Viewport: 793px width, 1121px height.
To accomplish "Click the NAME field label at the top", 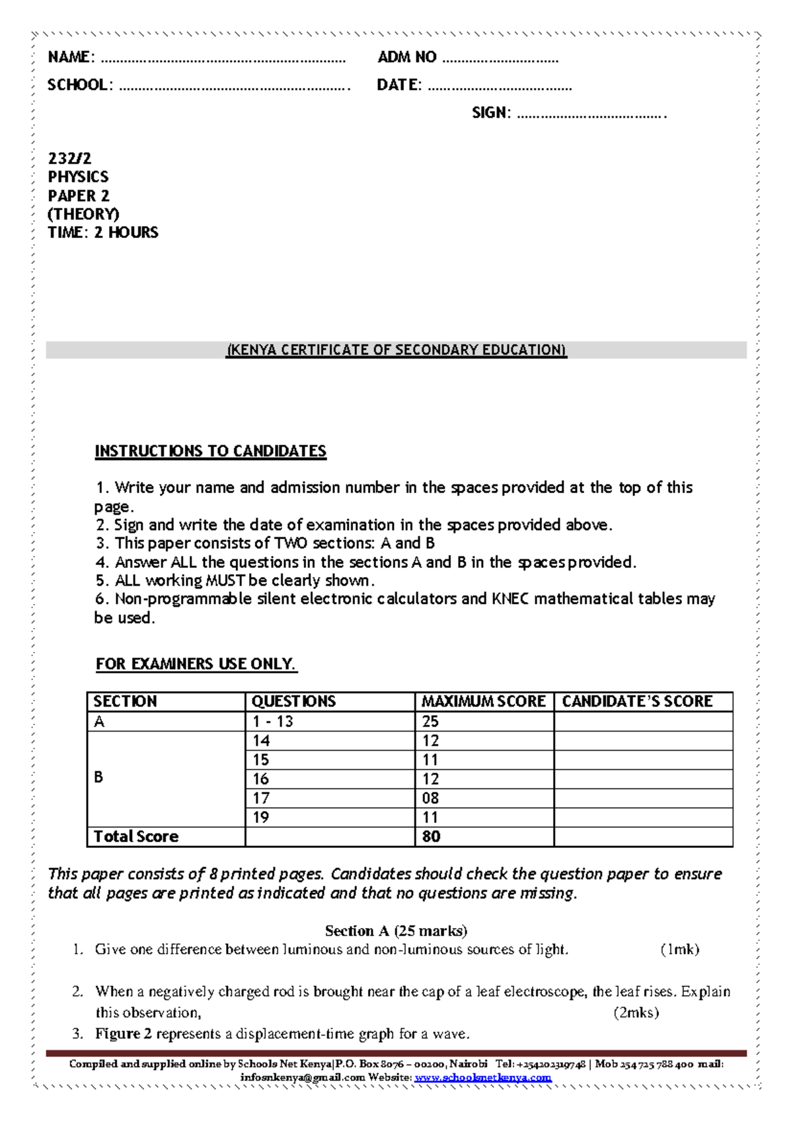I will click(x=71, y=58).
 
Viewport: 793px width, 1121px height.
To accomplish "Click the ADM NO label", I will click(x=406, y=58).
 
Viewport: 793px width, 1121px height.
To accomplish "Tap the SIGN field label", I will click(x=491, y=113).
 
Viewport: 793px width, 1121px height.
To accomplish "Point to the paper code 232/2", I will click(x=69, y=159).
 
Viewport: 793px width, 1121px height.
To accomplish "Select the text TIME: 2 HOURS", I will click(x=103, y=233).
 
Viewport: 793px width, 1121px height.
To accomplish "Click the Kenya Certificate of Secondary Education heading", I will click(x=397, y=350).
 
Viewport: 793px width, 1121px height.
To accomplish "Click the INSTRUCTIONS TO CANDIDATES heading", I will click(x=210, y=451).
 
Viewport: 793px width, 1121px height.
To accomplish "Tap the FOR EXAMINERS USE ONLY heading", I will click(x=196, y=664).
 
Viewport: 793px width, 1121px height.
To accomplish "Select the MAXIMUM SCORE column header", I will click(x=484, y=701).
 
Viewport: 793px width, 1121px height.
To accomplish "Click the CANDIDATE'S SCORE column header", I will click(x=637, y=701).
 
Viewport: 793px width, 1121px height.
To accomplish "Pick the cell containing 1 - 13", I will click(x=272, y=722).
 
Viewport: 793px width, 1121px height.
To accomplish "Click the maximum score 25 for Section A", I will click(x=431, y=722).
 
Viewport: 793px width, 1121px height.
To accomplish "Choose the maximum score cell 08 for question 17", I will click(x=431, y=798).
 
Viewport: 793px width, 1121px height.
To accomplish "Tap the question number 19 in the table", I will click(x=261, y=818).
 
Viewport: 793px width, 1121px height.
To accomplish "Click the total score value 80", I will click(x=432, y=837).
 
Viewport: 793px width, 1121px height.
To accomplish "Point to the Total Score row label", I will click(x=136, y=837).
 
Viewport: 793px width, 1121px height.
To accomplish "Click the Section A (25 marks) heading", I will click(x=396, y=931).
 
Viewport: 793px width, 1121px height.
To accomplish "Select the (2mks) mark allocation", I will click(x=636, y=1013).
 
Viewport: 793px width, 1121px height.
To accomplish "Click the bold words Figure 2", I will click(x=124, y=1034).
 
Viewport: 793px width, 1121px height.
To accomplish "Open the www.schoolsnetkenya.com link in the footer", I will click(x=483, y=1077).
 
